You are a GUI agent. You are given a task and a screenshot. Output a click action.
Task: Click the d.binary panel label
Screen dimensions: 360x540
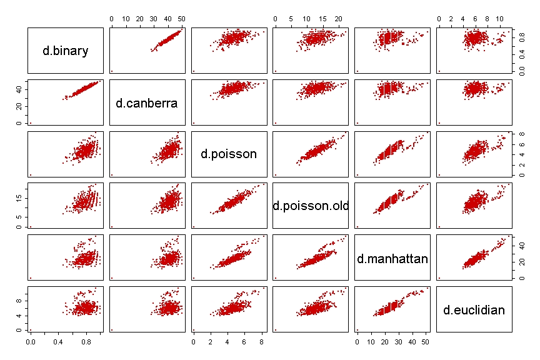[66, 51]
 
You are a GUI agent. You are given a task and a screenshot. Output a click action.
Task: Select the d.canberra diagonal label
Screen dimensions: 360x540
[147, 102]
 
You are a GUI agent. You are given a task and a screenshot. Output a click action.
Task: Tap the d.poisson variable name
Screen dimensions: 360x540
[229, 154]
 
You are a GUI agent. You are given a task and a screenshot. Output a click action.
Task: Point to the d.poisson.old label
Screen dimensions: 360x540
[311, 206]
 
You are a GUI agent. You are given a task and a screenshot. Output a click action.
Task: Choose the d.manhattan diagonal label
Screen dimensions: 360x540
[392, 257]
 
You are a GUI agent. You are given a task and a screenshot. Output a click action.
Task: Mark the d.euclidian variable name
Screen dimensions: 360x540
[474, 309]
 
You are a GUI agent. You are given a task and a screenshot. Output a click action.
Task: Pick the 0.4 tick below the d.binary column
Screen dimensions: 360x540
[59, 342]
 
